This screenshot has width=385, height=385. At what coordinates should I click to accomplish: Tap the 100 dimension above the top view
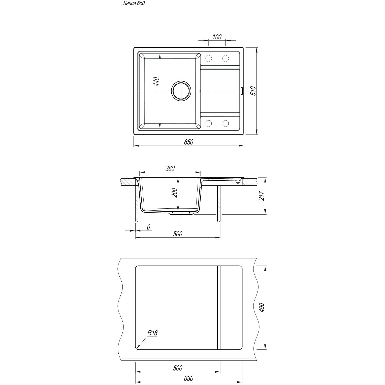[x=217, y=37]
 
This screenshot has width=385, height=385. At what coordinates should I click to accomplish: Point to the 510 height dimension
[x=253, y=91]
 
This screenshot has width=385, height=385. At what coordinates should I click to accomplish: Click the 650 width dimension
[x=188, y=142]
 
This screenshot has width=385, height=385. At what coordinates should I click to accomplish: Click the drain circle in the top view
[x=181, y=91]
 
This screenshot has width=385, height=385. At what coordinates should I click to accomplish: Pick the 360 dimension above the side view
[x=170, y=168]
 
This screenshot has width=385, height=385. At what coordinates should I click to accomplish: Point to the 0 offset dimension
[x=148, y=227]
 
